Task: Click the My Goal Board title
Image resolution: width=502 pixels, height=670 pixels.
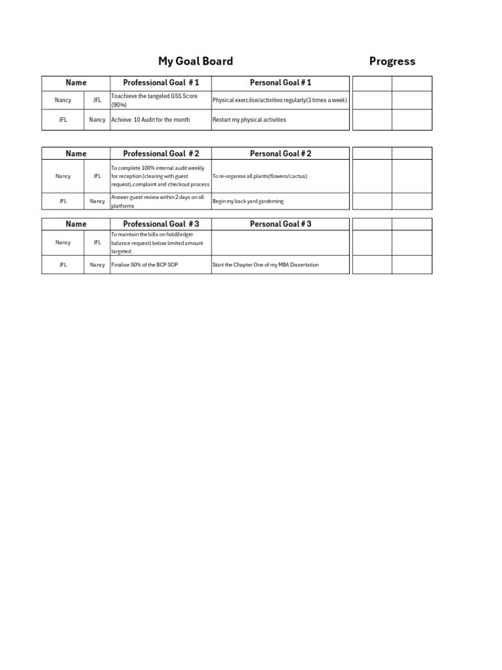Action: pyautogui.click(x=195, y=62)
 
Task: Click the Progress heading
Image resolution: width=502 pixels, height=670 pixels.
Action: pyautogui.click(x=392, y=62)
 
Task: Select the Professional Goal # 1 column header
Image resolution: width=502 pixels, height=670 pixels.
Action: pyautogui.click(x=161, y=83)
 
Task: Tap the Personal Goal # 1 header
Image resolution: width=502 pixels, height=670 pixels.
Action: pyautogui.click(x=280, y=83)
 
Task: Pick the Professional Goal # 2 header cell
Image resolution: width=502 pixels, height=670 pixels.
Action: pyautogui.click(x=161, y=154)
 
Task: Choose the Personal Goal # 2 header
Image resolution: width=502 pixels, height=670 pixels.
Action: pyautogui.click(x=280, y=154)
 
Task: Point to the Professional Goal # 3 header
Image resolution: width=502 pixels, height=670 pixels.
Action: pyautogui.click(x=161, y=224)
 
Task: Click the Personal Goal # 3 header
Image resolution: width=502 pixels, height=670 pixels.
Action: pyautogui.click(x=280, y=224)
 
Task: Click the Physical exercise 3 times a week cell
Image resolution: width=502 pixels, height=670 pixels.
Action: pyautogui.click(x=280, y=100)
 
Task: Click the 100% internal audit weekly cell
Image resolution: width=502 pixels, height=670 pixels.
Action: pyautogui.click(x=160, y=176)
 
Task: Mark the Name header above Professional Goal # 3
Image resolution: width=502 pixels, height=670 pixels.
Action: pyautogui.click(x=76, y=224)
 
